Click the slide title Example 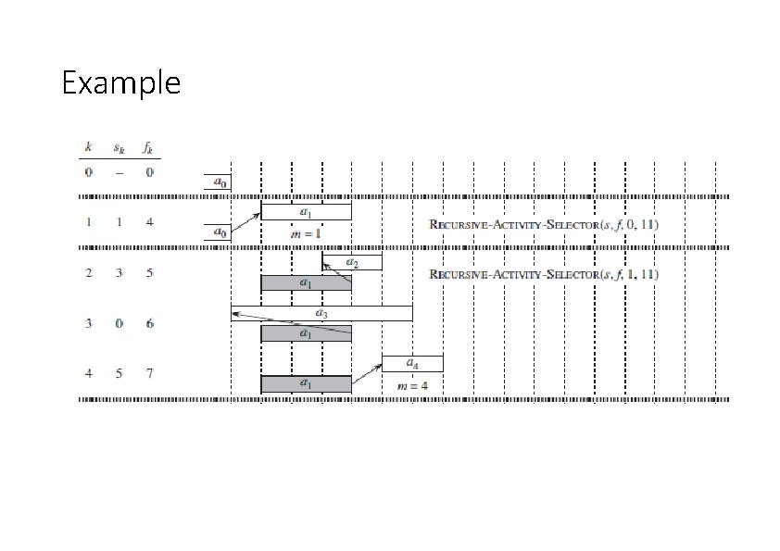tap(120, 84)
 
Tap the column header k tap(89, 147)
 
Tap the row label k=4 tap(89, 373)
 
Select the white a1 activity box tap(306, 212)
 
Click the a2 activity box tap(352, 263)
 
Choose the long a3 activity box tap(321, 313)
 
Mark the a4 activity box tap(412, 363)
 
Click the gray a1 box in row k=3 tap(306, 332)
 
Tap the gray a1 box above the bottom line tap(306, 382)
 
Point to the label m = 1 tap(306, 233)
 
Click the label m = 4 tap(412, 384)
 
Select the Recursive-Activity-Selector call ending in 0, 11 tap(544, 224)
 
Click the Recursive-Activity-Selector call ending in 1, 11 tap(544, 274)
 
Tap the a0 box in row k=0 tap(219, 182)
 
